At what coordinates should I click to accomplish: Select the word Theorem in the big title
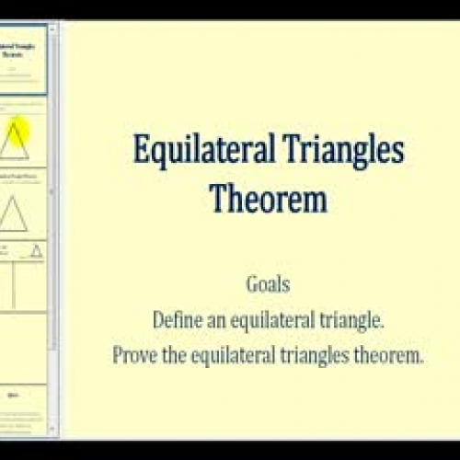(x=268, y=197)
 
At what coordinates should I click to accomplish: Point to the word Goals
(x=268, y=285)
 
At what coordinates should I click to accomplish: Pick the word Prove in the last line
(x=134, y=354)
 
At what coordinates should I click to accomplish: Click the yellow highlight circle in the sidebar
(x=20, y=131)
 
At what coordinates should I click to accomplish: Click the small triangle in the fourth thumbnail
(x=36, y=250)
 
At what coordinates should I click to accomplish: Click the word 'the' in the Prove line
(x=172, y=354)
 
